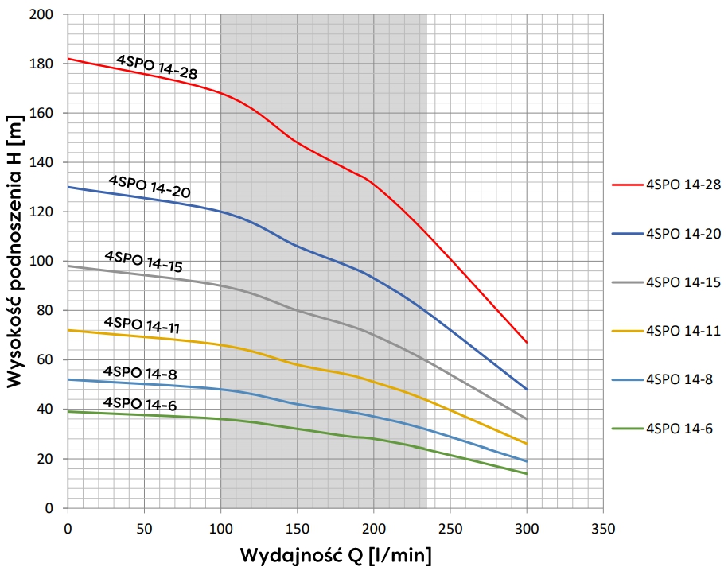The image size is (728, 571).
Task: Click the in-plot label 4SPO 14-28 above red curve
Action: point(157,67)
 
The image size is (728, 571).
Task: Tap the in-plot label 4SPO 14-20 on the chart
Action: point(149,186)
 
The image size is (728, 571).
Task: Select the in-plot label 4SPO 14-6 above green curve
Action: point(139,404)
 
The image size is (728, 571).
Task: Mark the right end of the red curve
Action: point(527,342)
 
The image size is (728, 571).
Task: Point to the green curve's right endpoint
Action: point(527,473)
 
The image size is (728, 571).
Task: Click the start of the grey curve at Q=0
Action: point(68,266)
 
